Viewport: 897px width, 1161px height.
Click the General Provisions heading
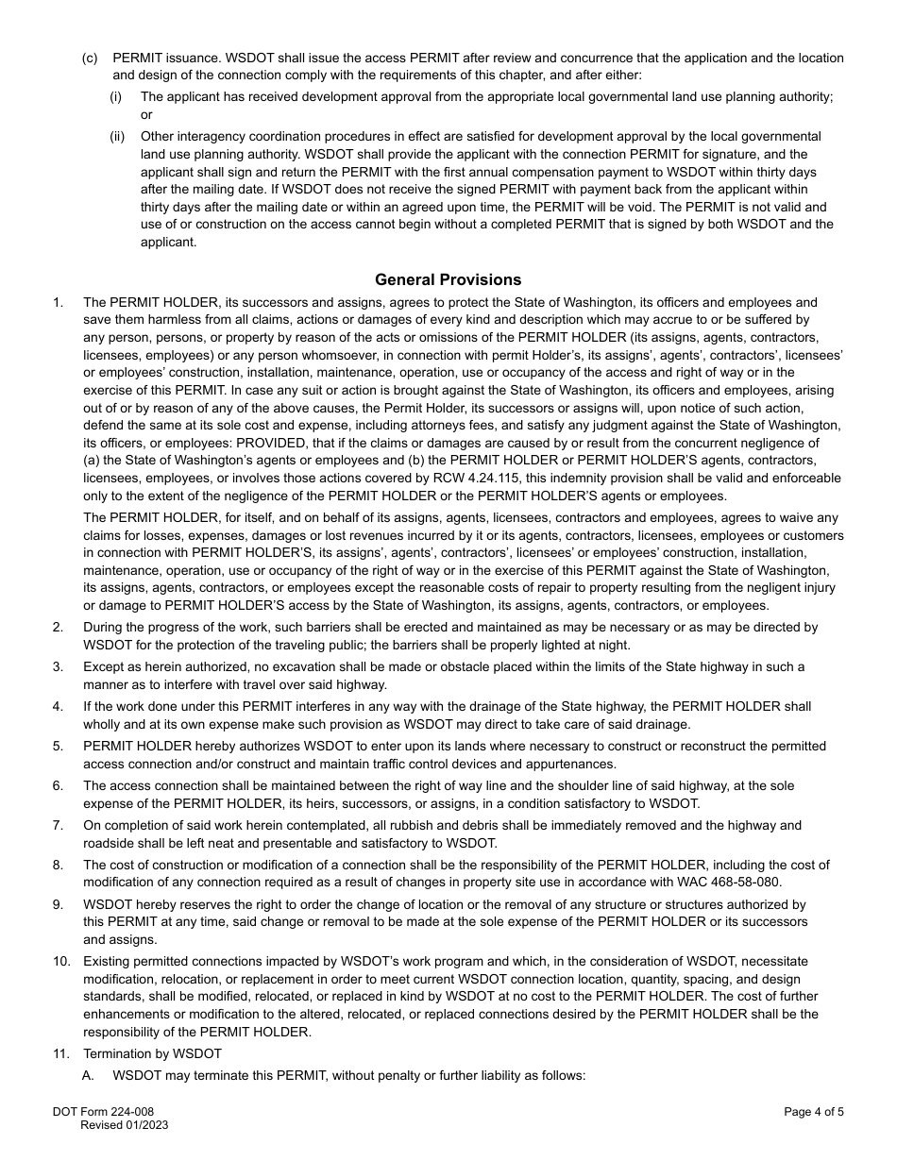pos(448,279)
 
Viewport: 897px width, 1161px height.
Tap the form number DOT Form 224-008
pos(99,1112)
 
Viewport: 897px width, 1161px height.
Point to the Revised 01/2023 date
pos(125,1125)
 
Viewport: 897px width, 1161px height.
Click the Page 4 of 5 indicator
pos(814,1112)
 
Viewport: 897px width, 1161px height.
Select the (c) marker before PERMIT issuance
pos(90,58)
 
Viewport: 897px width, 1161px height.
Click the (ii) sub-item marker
pos(117,136)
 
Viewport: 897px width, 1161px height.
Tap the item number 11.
pos(61,1053)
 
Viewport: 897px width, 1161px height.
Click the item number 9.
pos(59,904)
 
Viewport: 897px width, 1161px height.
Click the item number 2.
pos(59,627)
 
